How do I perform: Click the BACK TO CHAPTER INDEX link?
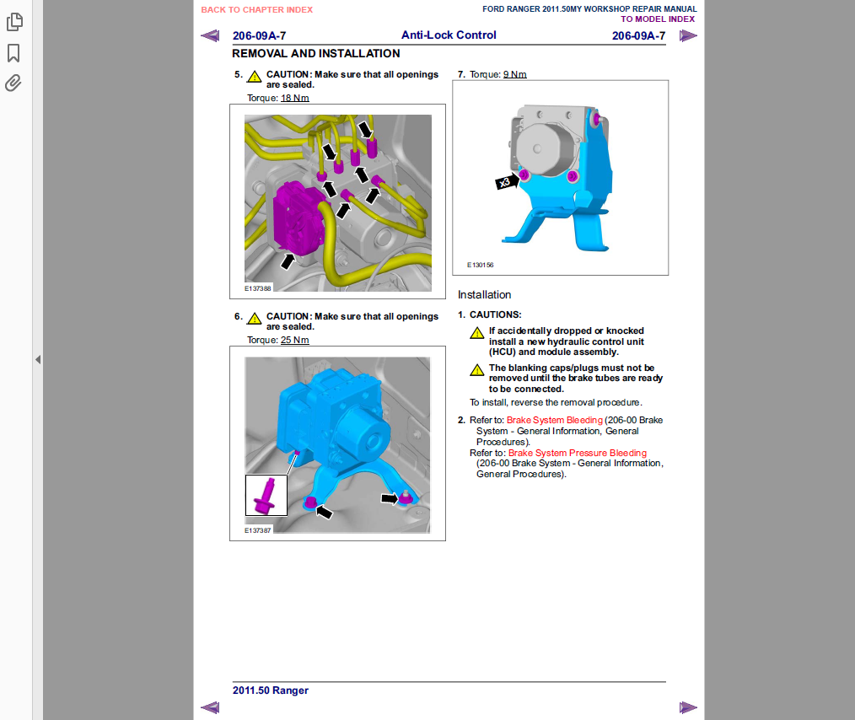point(257,10)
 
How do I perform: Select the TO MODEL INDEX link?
point(658,19)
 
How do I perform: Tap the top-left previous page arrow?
point(210,36)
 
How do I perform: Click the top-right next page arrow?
point(688,36)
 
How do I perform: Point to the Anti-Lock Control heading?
point(449,35)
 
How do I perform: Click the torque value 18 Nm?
point(295,98)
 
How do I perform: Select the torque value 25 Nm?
point(295,340)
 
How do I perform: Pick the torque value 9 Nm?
point(514,74)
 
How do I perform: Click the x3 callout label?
point(504,182)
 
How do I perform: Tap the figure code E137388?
point(257,288)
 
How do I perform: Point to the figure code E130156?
point(480,265)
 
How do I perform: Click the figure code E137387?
point(257,530)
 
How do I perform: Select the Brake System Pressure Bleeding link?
point(578,453)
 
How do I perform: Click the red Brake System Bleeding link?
point(555,420)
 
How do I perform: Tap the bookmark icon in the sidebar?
point(13,53)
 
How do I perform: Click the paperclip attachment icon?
point(13,83)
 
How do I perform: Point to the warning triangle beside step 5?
point(254,77)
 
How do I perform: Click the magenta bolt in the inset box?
point(266,497)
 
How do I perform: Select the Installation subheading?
point(484,295)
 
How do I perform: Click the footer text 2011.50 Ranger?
point(271,690)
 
